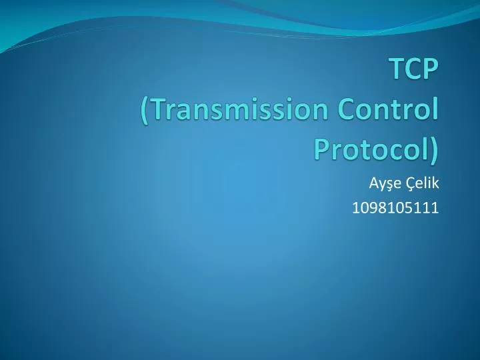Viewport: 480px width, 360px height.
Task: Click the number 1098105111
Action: (x=395, y=208)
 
